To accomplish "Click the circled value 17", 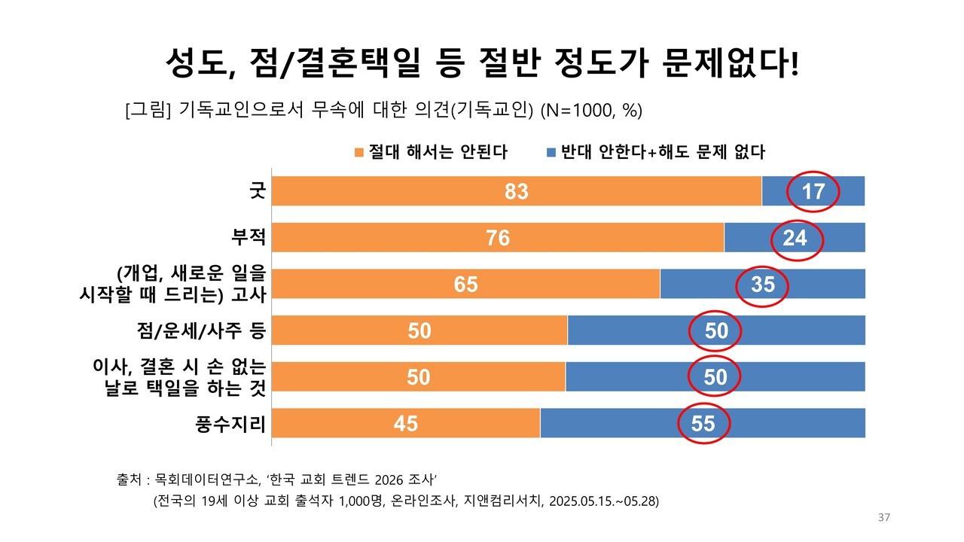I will coord(813,192).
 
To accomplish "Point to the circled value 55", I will coord(703,424).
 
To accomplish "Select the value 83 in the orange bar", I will coord(517,192).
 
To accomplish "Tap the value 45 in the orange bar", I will coord(406,424).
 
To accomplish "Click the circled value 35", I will coord(762,285).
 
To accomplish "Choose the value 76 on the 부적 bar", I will coord(498,239).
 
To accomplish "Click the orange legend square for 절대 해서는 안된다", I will coord(358,153).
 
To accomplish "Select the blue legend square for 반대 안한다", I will coord(551,153).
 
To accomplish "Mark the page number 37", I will coord(885,518).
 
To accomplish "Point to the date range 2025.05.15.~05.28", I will coord(602,501).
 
